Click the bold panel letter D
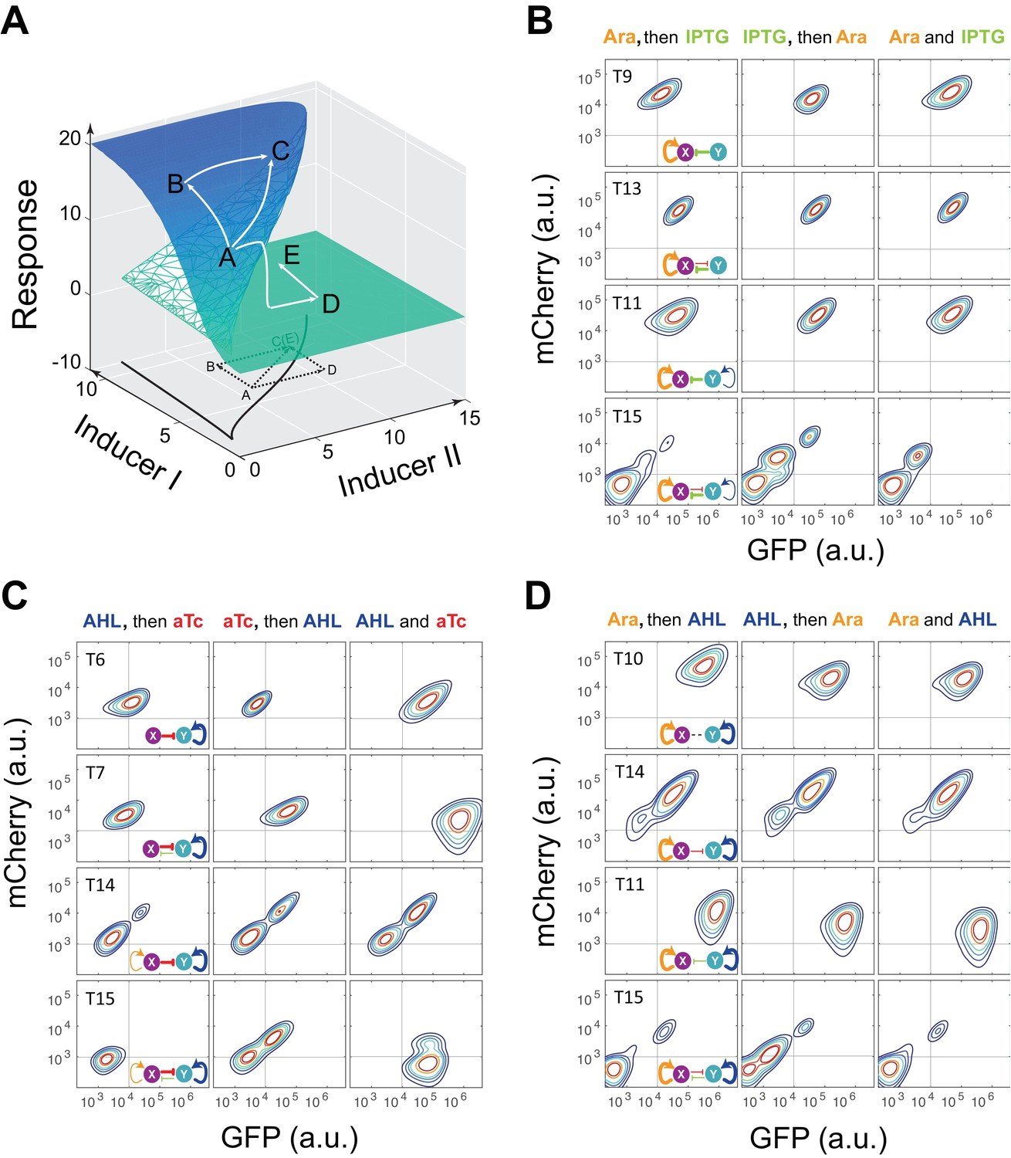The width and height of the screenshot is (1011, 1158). click(538, 597)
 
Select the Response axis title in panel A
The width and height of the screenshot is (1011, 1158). click(25, 254)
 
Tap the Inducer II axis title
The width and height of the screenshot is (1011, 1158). click(400, 472)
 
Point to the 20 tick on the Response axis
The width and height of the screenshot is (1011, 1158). click(69, 138)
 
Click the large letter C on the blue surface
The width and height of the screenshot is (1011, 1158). click(281, 151)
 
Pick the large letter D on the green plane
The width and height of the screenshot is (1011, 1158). click(331, 304)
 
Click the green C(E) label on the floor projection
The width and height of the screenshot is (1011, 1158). click(285, 340)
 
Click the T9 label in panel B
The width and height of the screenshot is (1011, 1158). click(622, 76)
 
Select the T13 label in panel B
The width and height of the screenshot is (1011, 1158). click(627, 189)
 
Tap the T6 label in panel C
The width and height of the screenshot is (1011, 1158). click(96, 660)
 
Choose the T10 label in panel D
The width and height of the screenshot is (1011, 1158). click(628, 659)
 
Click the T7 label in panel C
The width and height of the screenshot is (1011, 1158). click(96, 773)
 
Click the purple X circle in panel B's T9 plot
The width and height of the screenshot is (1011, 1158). click(685, 152)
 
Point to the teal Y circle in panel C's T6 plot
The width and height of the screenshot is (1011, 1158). click(184, 735)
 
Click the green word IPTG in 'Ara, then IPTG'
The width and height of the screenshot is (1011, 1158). click(707, 37)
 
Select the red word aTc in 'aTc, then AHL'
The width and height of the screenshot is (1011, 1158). click(238, 621)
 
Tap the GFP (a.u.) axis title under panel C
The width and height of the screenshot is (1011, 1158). click(289, 1137)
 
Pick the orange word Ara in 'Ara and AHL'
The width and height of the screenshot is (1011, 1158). click(904, 620)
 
